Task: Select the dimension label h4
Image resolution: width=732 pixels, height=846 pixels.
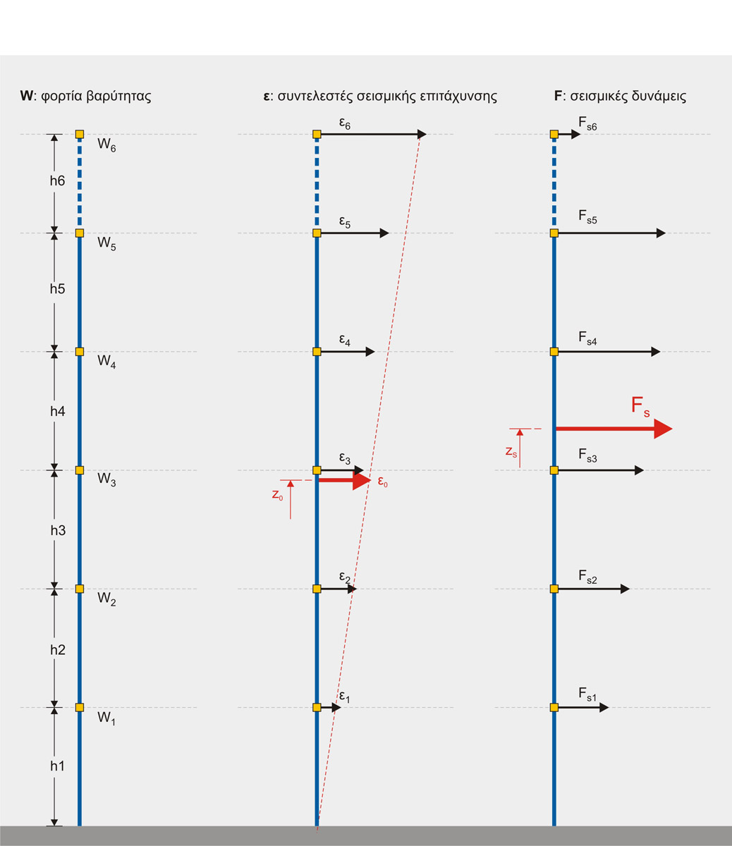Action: (x=58, y=410)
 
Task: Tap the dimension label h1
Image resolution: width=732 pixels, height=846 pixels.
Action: (x=58, y=766)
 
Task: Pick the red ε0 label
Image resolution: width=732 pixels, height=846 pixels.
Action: (x=383, y=484)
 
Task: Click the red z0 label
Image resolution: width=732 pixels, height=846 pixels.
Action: (x=278, y=495)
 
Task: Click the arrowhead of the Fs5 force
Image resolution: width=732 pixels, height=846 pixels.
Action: (x=661, y=233)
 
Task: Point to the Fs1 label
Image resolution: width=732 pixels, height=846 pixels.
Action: (x=587, y=695)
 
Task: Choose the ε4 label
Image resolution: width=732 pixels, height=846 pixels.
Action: (x=345, y=341)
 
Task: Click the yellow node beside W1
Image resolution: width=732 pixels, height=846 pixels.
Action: (x=80, y=707)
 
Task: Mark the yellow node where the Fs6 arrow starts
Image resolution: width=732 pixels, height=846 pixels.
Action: (x=554, y=134)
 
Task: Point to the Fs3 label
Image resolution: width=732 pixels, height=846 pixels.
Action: (x=587, y=458)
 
